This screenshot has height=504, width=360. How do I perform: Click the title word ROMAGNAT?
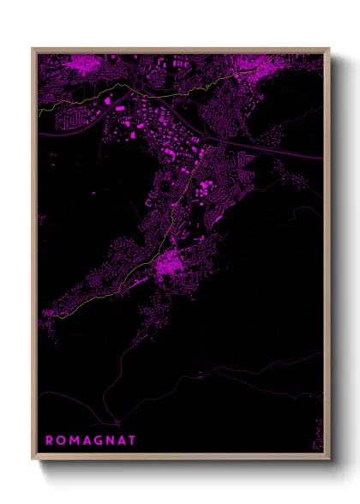click(90, 440)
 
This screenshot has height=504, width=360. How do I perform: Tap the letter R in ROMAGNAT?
click(49, 440)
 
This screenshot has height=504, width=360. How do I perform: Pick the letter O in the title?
click(60, 440)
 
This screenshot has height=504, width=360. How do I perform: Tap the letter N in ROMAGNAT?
click(109, 440)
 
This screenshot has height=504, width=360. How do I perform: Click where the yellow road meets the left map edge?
click(39, 110)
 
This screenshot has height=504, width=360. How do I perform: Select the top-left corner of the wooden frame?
click(33, 49)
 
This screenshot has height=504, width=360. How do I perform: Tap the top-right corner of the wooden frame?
click(328, 49)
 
